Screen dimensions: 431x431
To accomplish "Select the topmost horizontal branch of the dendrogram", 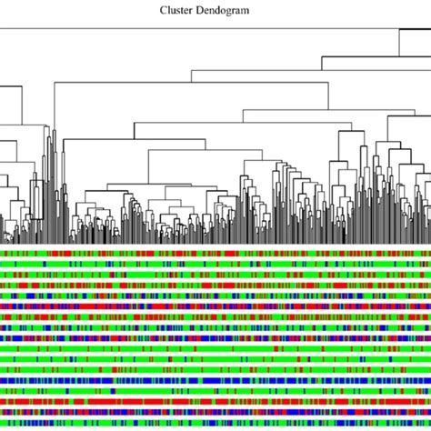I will (200, 30).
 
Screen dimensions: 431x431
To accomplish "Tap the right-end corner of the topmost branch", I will (398, 30).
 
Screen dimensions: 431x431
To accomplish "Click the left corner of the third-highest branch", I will (190, 71).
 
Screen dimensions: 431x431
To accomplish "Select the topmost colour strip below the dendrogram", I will (215, 254).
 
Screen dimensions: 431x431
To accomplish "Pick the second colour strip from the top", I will (215, 264).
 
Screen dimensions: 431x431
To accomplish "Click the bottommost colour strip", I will (215, 423).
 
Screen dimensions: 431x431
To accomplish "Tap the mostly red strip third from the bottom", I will (215, 401).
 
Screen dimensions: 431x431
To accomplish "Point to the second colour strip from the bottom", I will (215, 412).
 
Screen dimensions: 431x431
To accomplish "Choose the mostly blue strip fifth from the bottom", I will (215, 380).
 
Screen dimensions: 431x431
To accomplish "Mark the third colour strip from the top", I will (215, 275).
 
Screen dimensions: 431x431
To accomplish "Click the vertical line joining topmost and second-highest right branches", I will (398, 43).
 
